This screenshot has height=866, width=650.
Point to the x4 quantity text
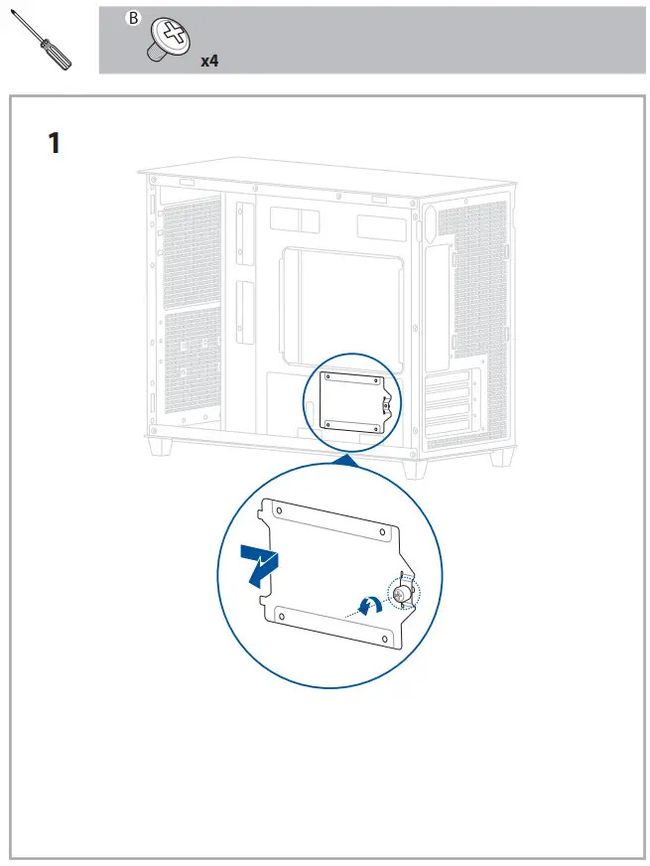click(x=209, y=61)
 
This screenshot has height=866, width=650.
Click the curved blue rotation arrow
click(x=367, y=602)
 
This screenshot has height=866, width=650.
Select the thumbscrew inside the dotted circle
click(x=404, y=594)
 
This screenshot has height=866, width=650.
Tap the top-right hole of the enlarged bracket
click(x=381, y=534)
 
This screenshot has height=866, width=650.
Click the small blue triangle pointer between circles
click(x=346, y=459)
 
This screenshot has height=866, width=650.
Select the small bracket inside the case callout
click(x=353, y=402)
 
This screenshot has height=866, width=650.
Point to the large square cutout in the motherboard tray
click(x=342, y=304)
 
